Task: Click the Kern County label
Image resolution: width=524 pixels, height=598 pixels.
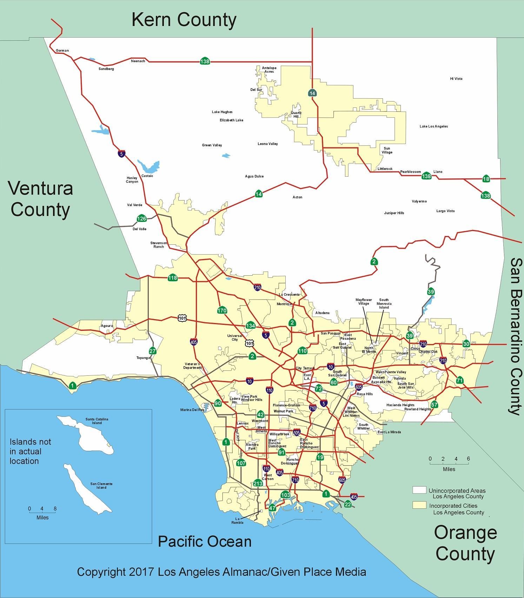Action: point(184,20)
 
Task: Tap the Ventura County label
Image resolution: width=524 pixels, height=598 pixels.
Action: point(41,199)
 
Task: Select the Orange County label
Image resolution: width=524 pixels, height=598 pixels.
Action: point(465,543)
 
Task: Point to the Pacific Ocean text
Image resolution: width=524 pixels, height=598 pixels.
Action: point(205,541)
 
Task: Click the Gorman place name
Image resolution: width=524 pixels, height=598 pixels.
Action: point(62,51)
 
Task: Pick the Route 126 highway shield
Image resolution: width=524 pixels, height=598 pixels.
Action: point(141,218)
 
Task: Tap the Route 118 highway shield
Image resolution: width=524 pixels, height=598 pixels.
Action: point(173,278)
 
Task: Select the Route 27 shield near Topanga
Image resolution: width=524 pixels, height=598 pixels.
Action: point(152,351)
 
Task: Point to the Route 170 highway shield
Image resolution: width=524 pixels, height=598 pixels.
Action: point(222,310)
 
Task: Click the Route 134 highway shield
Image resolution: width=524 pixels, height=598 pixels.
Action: point(250,326)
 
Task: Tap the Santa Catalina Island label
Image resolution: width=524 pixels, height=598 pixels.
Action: point(97,421)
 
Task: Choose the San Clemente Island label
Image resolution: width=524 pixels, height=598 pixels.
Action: point(101,485)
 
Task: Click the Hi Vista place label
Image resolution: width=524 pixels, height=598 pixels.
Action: point(456,79)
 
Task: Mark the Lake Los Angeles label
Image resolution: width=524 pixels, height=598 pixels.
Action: point(433,126)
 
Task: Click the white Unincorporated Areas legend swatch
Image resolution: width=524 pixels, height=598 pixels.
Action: point(419,490)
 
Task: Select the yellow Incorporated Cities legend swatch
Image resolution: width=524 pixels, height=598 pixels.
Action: point(419,505)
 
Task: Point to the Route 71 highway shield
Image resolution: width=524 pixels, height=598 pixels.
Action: point(460,380)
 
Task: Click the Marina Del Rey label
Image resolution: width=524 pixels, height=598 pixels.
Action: point(192,410)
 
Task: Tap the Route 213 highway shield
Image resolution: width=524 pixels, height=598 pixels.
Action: point(258,484)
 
